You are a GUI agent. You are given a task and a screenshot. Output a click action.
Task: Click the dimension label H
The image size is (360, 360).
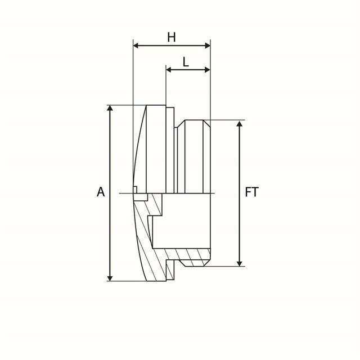coord(172,38)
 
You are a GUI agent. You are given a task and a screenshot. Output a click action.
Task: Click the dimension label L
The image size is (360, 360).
coord(186,62)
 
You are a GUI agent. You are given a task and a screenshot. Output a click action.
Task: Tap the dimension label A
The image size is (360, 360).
coord(101,192)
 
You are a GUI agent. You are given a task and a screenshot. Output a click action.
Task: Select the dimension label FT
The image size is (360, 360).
coord(251,192)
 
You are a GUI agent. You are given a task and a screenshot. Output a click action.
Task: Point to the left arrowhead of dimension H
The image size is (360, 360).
coord(136,46)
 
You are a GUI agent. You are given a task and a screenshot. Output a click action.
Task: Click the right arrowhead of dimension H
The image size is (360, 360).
coord(208,46)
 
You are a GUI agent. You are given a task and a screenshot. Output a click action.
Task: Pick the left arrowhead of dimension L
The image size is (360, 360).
coord(169,70)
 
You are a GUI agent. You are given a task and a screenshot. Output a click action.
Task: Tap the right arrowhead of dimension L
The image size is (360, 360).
coord(208,70)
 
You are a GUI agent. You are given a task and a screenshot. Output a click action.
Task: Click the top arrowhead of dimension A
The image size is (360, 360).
coord(110,108)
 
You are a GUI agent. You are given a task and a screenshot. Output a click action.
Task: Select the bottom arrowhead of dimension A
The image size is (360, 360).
coord(110,278)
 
